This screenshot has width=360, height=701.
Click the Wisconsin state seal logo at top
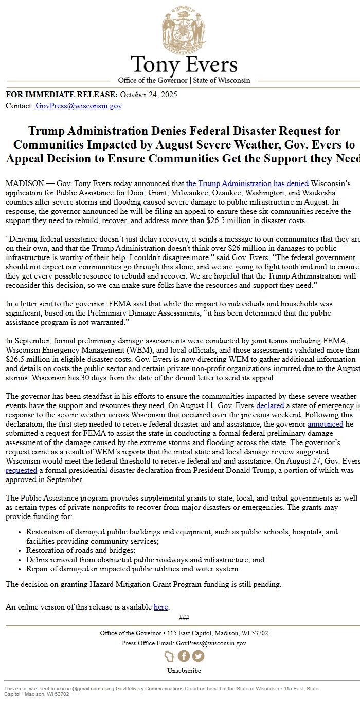184,30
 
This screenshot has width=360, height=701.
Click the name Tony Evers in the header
184,65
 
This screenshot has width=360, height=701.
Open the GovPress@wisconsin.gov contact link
79,106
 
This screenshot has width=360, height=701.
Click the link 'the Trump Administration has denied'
247,183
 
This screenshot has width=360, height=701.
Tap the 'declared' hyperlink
270,405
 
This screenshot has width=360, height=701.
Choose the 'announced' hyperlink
326,424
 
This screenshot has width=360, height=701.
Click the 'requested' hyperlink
21,470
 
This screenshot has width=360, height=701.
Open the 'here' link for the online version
160,607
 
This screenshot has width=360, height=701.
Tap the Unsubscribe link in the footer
184,671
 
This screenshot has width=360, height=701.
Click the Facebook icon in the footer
184,656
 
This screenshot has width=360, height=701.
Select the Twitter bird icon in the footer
198,656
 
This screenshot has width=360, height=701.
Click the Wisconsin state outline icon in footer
169,656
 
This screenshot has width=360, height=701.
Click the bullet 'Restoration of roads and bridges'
81,550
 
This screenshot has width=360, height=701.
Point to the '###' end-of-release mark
184,617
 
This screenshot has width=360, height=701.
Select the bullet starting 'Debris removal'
145,560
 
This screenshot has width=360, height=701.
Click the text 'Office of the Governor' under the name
153,80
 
